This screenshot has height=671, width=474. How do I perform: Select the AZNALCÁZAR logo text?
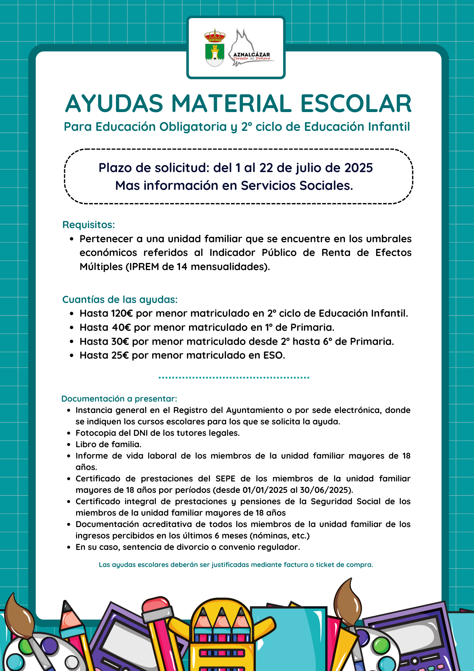[x=252, y=55]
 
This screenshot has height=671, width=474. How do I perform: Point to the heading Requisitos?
[x=88, y=225]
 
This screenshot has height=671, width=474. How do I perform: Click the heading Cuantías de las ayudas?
[x=120, y=299]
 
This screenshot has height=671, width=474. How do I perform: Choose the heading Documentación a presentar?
[x=119, y=399]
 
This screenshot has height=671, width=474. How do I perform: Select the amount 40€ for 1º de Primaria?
[x=122, y=327]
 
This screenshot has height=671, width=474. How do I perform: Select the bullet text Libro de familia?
[x=108, y=445]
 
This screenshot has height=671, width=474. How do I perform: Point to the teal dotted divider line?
[x=234, y=377]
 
